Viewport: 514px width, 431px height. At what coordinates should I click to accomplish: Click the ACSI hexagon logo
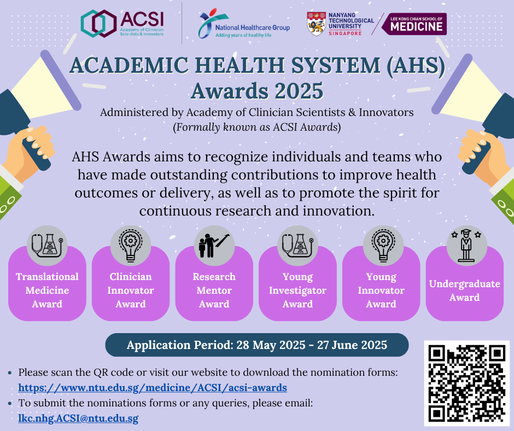point(98,24)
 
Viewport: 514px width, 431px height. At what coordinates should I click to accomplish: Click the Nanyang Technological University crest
point(316,24)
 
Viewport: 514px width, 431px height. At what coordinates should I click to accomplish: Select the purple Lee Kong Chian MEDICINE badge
point(414,24)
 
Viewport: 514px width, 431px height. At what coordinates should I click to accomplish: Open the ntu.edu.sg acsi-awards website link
point(153,388)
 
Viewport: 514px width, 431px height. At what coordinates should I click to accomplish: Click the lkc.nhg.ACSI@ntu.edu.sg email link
point(78,418)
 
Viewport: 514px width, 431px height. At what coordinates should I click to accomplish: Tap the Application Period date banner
point(256,345)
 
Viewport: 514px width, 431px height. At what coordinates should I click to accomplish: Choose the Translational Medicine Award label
point(47,290)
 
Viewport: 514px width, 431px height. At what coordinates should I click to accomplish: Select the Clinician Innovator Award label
point(131,290)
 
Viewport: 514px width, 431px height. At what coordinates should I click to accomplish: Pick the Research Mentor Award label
point(214,290)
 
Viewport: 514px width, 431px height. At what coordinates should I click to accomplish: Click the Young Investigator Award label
point(297,290)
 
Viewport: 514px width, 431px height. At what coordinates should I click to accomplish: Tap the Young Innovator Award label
point(381,290)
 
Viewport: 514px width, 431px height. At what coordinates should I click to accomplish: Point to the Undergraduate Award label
point(464,290)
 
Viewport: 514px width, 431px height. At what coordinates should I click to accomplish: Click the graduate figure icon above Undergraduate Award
point(466,246)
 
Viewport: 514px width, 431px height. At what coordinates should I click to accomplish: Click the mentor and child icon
point(214,246)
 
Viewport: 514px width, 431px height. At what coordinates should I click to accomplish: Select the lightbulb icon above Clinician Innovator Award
point(131,246)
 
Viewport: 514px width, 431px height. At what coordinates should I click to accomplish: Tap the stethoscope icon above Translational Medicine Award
point(47,246)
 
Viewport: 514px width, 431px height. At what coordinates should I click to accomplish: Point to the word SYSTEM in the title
point(336,65)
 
